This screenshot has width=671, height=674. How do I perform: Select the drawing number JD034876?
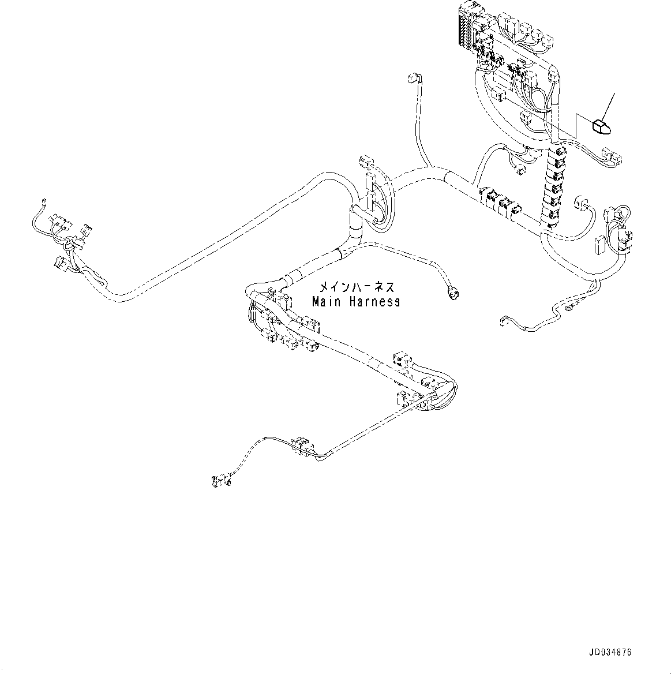610,652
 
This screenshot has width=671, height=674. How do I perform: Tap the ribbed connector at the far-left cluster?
87,233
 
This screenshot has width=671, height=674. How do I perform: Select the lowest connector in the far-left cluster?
59,263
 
